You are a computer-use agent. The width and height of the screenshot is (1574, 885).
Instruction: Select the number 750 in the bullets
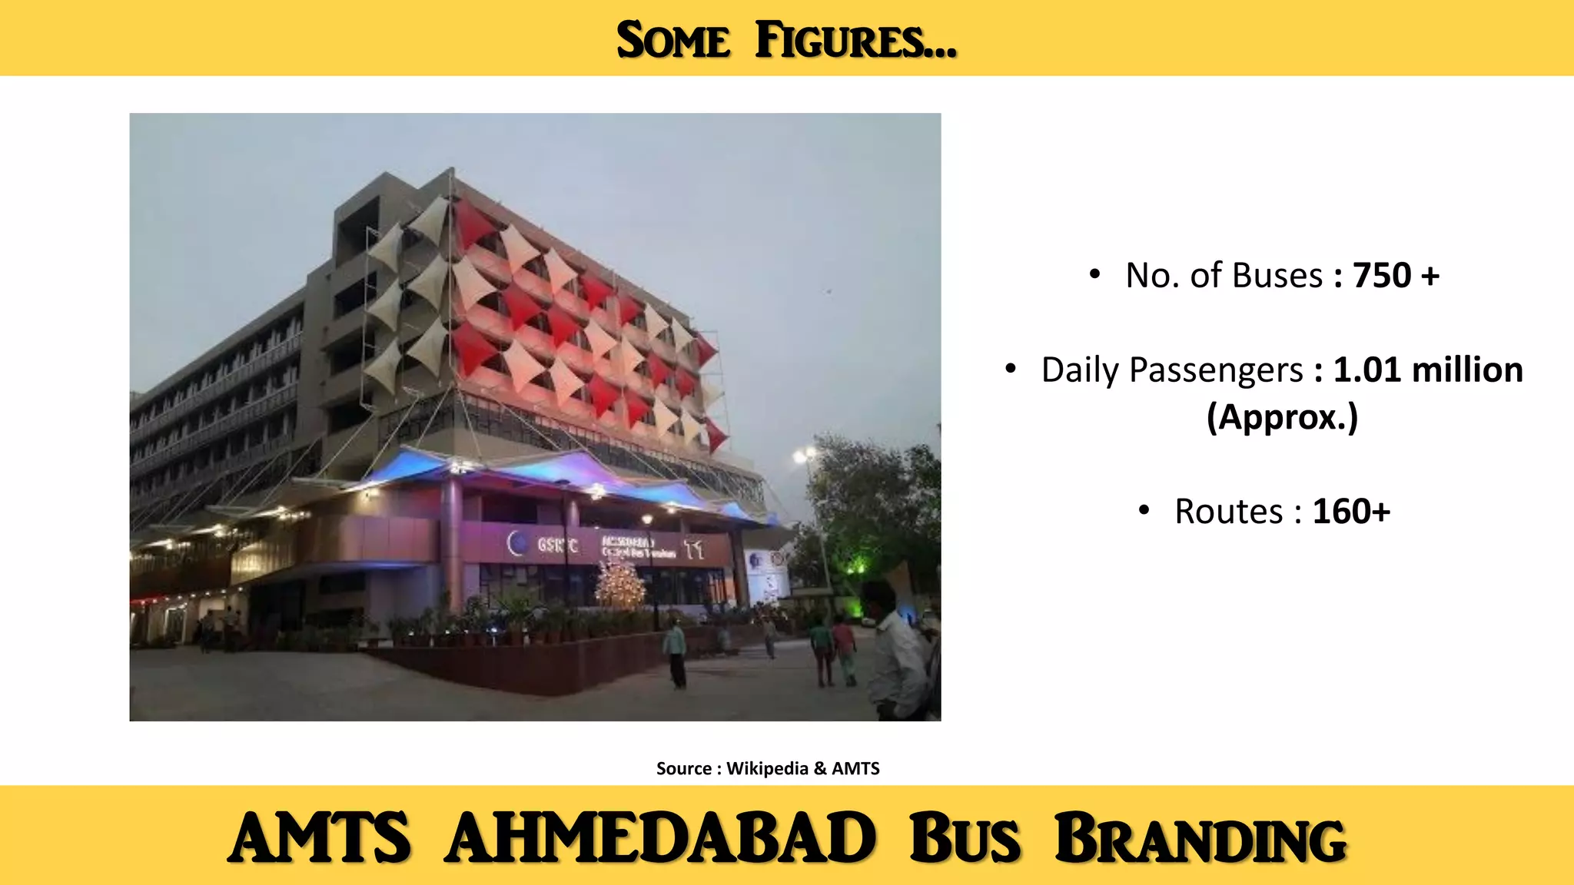[1382, 276]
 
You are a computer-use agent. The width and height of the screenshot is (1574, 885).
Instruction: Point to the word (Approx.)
[1282, 418]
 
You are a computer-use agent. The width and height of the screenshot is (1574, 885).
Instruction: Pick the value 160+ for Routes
[1351, 512]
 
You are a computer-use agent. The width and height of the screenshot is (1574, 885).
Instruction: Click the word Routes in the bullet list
[1229, 512]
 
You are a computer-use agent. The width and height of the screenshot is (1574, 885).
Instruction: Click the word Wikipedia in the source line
[767, 768]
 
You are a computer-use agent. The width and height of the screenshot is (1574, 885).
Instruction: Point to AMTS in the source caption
[855, 768]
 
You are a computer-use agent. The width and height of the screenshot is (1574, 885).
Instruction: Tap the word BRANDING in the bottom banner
[1200, 838]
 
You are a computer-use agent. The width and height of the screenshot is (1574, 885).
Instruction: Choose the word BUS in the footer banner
[965, 838]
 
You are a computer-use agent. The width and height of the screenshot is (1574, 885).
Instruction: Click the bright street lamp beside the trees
[804, 456]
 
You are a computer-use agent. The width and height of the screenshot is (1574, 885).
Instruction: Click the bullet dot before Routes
[1144, 510]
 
